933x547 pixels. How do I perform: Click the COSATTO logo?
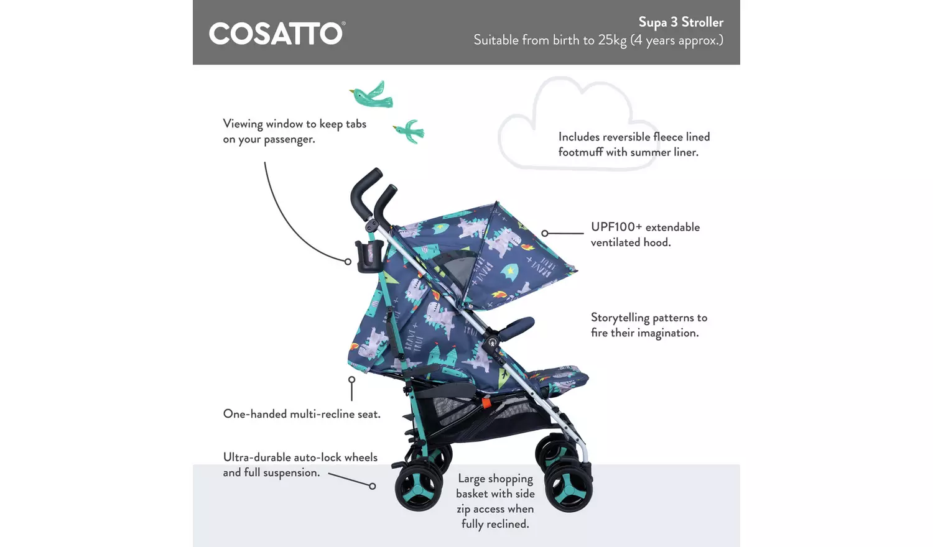point(276,34)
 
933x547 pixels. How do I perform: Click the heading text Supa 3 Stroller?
point(680,22)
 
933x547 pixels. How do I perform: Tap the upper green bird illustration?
point(371,94)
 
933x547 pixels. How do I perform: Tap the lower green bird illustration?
point(409,131)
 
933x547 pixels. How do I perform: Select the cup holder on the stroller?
point(368,257)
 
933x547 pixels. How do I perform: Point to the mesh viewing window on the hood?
point(457,267)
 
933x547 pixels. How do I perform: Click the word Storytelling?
point(620,318)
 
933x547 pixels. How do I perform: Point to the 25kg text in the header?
point(612,40)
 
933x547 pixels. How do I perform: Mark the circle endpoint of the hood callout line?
point(545,234)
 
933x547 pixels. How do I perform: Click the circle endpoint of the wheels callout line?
point(372,486)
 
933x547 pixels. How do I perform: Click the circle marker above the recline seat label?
point(351,379)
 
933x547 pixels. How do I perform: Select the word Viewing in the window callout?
point(243,124)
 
